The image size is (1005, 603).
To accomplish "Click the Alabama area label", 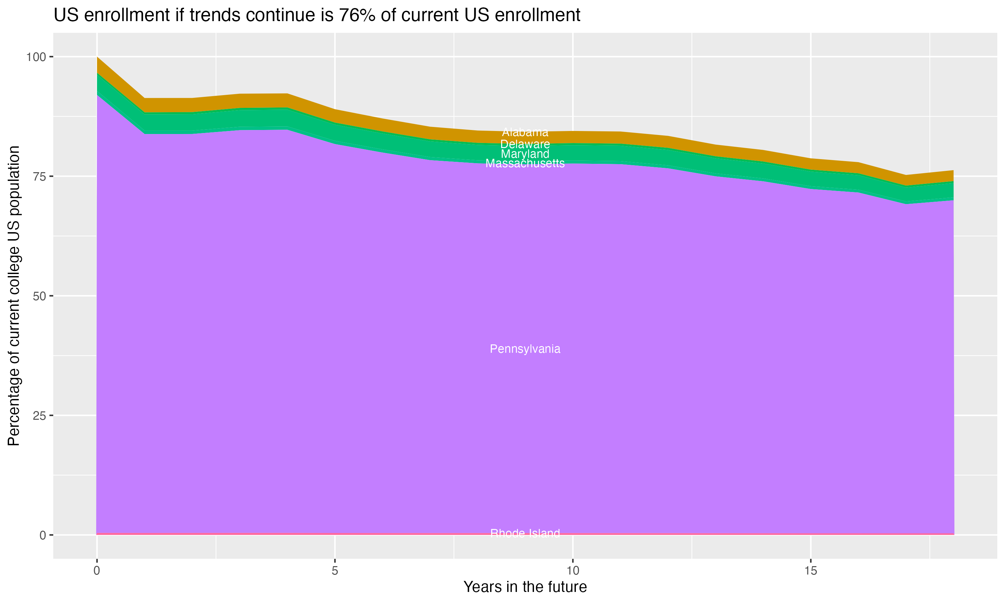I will pyautogui.click(x=525, y=132).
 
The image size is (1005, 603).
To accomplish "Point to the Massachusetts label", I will pyautogui.click(x=525, y=163).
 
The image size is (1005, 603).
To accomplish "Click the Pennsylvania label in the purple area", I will pyautogui.click(x=525, y=349).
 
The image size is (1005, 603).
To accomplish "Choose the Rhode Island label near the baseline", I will pyautogui.click(x=525, y=533).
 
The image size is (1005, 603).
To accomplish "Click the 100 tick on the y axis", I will pyautogui.click(x=36, y=57).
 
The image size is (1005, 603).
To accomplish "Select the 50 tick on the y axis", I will pyautogui.click(x=40, y=296).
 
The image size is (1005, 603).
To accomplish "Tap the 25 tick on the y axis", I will pyautogui.click(x=40, y=415).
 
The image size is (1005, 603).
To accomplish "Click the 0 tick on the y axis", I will pyautogui.click(x=43, y=535).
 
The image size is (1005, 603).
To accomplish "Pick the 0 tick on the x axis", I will pyautogui.click(x=97, y=571).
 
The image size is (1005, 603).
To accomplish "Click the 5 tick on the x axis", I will pyautogui.click(x=335, y=571).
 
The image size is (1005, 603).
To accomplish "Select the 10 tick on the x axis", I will pyautogui.click(x=573, y=571).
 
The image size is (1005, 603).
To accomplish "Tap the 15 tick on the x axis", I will pyautogui.click(x=810, y=571).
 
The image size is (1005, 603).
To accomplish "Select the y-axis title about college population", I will pyautogui.click(x=14, y=296).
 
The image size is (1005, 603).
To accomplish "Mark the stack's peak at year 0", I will pyautogui.click(x=97, y=57).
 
